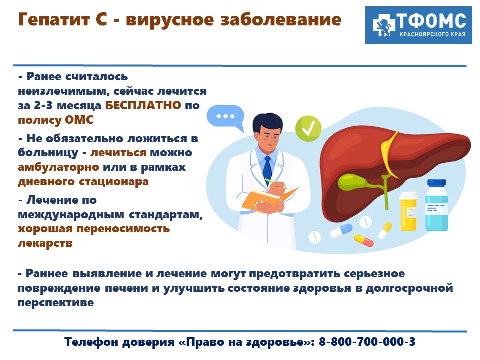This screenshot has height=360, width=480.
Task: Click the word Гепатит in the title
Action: [54, 20]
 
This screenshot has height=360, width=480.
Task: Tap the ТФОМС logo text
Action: [431, 21]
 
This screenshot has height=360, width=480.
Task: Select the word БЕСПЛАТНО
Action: [143, 105]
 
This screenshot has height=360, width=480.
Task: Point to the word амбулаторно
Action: [59, 167]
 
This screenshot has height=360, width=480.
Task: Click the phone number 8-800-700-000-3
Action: [367, 341]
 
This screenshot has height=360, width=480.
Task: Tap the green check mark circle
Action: [308, 128]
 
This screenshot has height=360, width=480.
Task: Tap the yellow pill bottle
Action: [408, 211]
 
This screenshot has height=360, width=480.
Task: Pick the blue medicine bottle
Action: [437, 205]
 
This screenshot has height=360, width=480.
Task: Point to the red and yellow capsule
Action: [364, 240]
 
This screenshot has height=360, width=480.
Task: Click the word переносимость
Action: [123, 229]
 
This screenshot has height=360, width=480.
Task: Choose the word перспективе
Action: [56, 303]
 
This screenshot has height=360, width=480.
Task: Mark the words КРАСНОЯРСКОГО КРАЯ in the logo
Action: [432, 34]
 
